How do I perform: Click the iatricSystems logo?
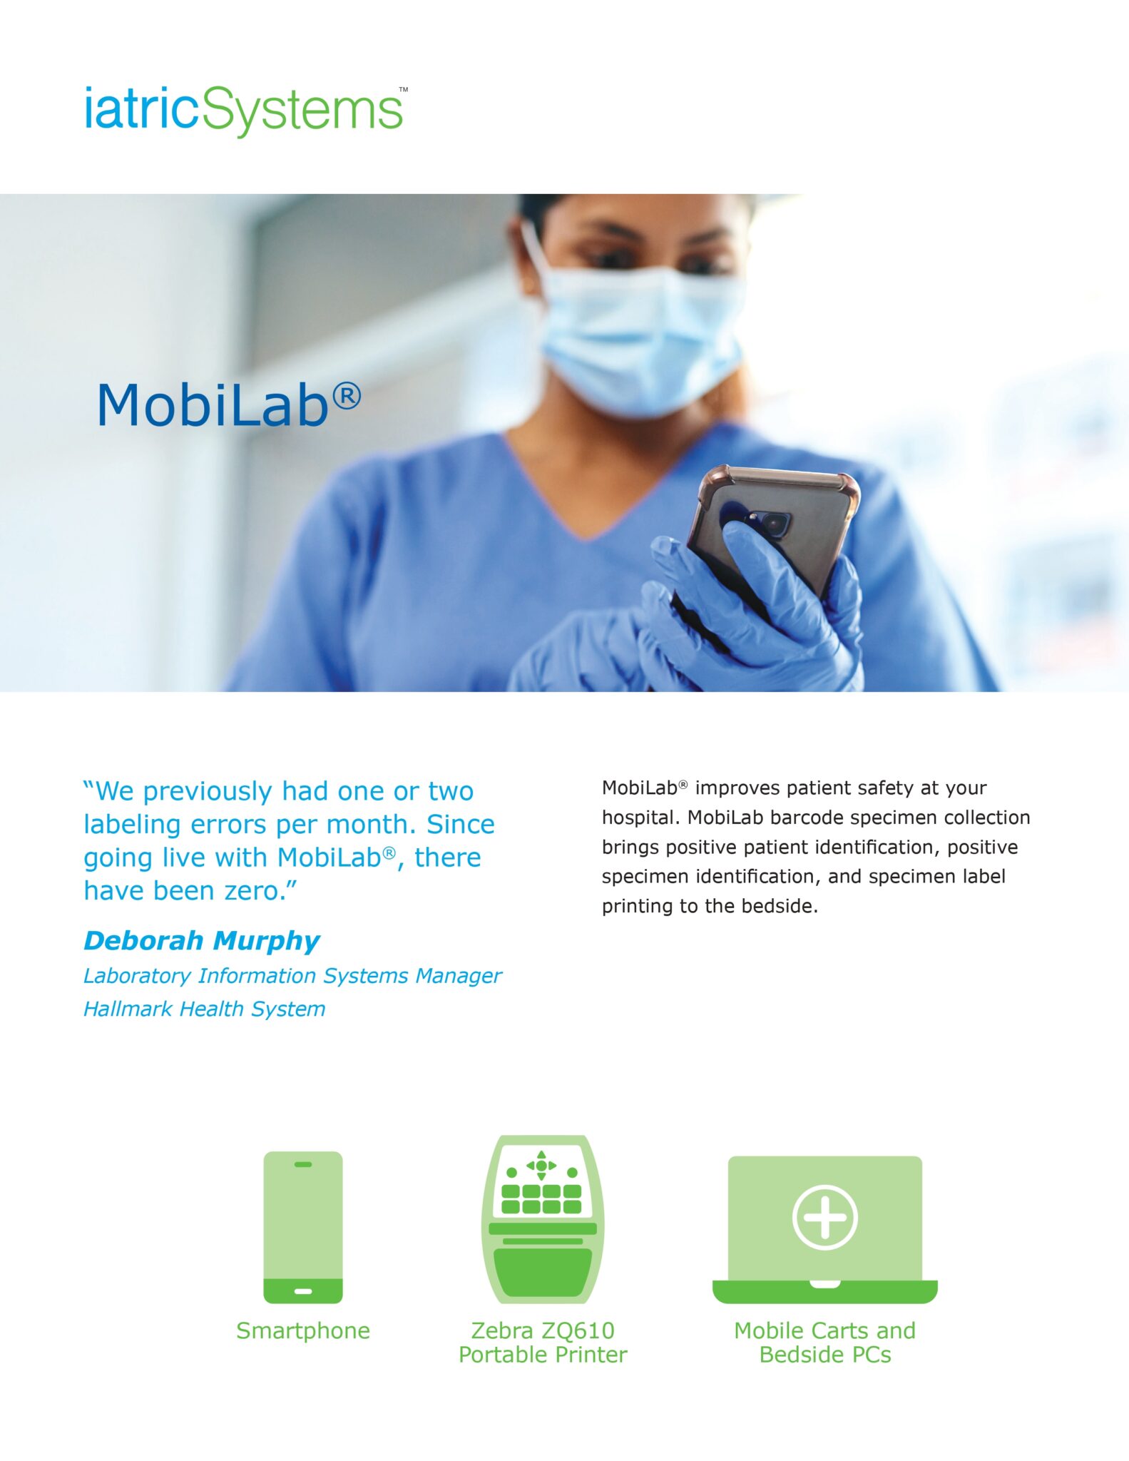[243, 111]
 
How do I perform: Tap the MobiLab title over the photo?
[214, 405]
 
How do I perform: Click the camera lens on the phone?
[772, 523]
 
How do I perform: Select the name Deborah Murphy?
[202, 940]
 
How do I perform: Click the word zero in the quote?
[255, 890]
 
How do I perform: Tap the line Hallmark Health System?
[205, 1009]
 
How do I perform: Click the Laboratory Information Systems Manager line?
[292, 975]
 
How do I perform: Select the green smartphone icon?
[303, 1227]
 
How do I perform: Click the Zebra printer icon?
[543, 1220]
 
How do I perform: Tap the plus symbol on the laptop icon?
[825, 1217]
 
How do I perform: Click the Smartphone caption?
[303, 1330]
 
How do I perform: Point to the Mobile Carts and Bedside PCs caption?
[825, 1342]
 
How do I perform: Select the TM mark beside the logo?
[404, 90]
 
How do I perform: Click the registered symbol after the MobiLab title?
[347, 395]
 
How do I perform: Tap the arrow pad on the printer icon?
[541, 1166]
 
